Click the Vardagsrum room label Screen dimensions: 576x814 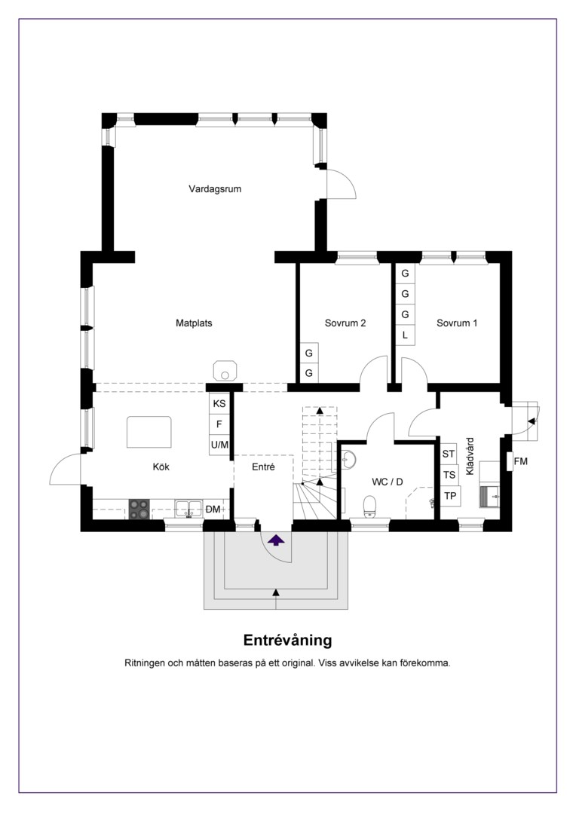(x=215, y=189)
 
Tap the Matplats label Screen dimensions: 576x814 (x=194, y=323)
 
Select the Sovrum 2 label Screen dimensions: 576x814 (x=345, y=323)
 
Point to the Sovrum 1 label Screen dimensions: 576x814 (x=457, y=323)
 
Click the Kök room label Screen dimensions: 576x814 (x=161, y=467)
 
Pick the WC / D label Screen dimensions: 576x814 (x=388, y=482)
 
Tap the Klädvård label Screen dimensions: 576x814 (x=470, y=456)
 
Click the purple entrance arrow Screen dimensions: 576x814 (x=276, y=540)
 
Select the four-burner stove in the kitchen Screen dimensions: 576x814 (x=139, y=510)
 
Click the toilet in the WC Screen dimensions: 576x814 (x=370, y=506)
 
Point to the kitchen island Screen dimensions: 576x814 (x=149, y=432)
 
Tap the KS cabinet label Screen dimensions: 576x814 (x=219, y=403)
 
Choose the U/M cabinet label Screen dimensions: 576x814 (x=219, y=445)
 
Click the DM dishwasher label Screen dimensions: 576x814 (x=213, y=510)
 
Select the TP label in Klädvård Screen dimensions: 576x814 (x=450, y=496)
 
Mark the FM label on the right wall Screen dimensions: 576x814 (x=520, y=461)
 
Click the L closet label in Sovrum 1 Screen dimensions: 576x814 (x=405, y=335)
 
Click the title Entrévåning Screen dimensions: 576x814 (x=288, y=640)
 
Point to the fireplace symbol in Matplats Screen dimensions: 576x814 (x=225, y=372)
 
